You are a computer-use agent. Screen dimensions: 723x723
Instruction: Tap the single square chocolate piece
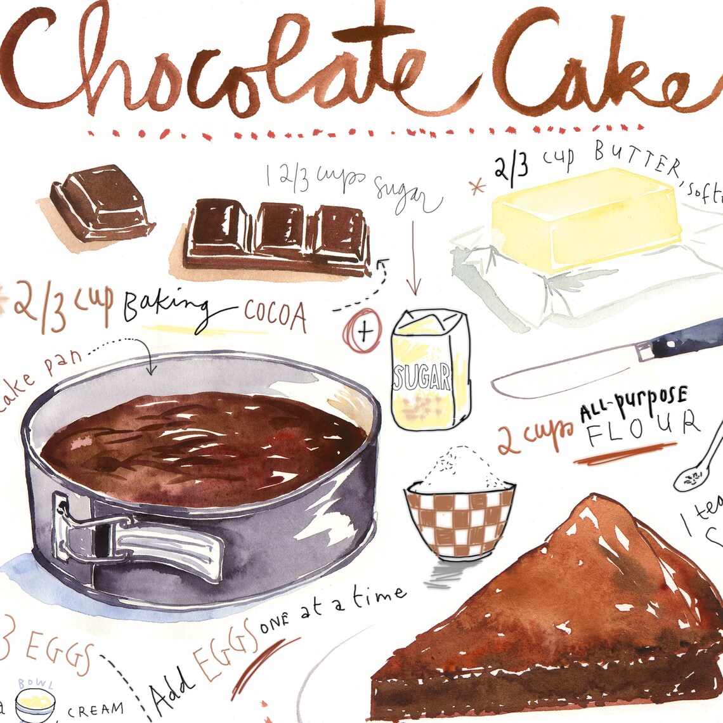click(x=101, y=201)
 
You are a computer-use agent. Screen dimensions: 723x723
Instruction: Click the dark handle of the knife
click(x=688, y=339)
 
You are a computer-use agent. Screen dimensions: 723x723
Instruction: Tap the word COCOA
click(x=276, y=315)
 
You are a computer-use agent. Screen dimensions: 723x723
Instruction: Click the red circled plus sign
click(x=362, y=330)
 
